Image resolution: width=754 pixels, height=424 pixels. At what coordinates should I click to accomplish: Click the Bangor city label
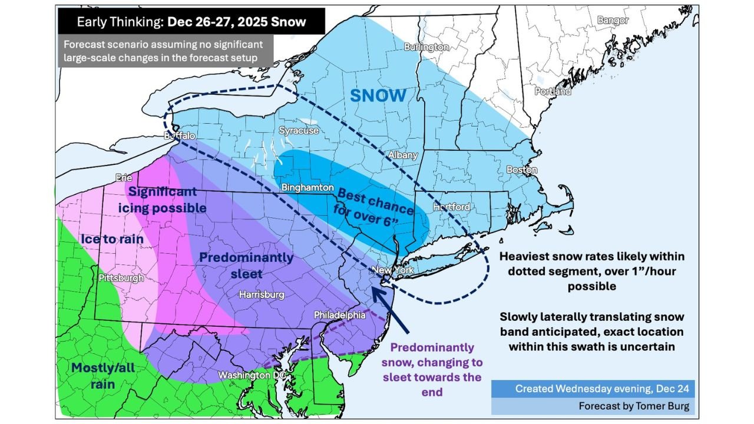coord(613,21)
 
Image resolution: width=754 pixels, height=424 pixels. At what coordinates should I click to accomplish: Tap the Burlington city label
coord(426,47)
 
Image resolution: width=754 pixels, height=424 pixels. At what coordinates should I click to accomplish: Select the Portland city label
coord(553,91)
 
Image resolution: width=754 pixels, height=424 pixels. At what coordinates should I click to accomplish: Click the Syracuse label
coord(299,131)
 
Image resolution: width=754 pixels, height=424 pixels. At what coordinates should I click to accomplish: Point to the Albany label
coord(402,155)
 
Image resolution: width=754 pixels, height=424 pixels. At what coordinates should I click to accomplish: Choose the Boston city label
coord(522,170)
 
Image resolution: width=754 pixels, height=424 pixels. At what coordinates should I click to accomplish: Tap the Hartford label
coord(451,207)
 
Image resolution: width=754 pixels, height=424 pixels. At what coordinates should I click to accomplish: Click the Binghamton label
coord(305,187)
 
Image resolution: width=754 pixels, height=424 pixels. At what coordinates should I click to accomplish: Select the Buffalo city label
coord(180,136)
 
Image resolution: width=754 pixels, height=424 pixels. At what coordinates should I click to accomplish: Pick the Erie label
coord(124,177)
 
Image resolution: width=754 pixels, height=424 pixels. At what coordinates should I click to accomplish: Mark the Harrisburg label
coord(261,294)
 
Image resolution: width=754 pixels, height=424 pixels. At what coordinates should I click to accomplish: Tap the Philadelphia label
coord(339,315)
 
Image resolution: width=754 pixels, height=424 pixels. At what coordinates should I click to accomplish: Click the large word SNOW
coord(378,95)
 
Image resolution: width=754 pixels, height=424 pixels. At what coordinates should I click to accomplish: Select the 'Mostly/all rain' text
coord(103,376)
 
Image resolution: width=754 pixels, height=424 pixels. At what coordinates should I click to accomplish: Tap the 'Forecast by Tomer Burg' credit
coord(633,406)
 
